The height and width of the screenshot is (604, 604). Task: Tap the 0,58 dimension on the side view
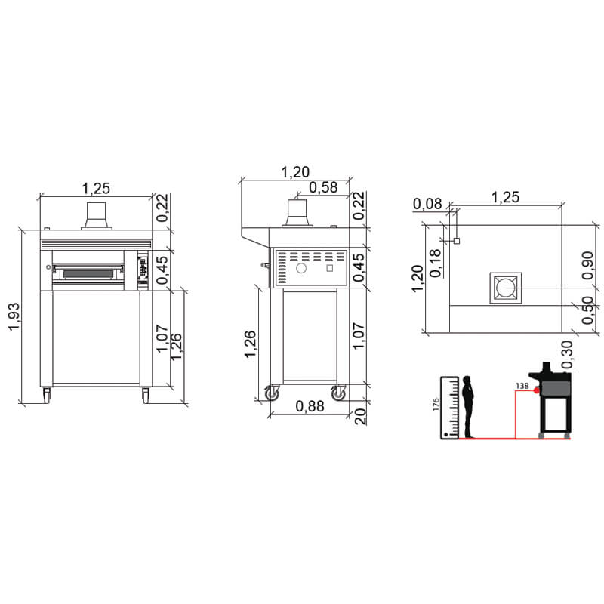tap(323, 188)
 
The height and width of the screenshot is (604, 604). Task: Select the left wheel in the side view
tap(270, 393)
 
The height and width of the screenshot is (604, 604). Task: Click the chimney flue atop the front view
tap(97, 214)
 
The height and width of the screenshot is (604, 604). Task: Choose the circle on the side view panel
tap(301, 268)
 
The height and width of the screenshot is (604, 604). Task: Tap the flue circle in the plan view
tap(504, 288)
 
